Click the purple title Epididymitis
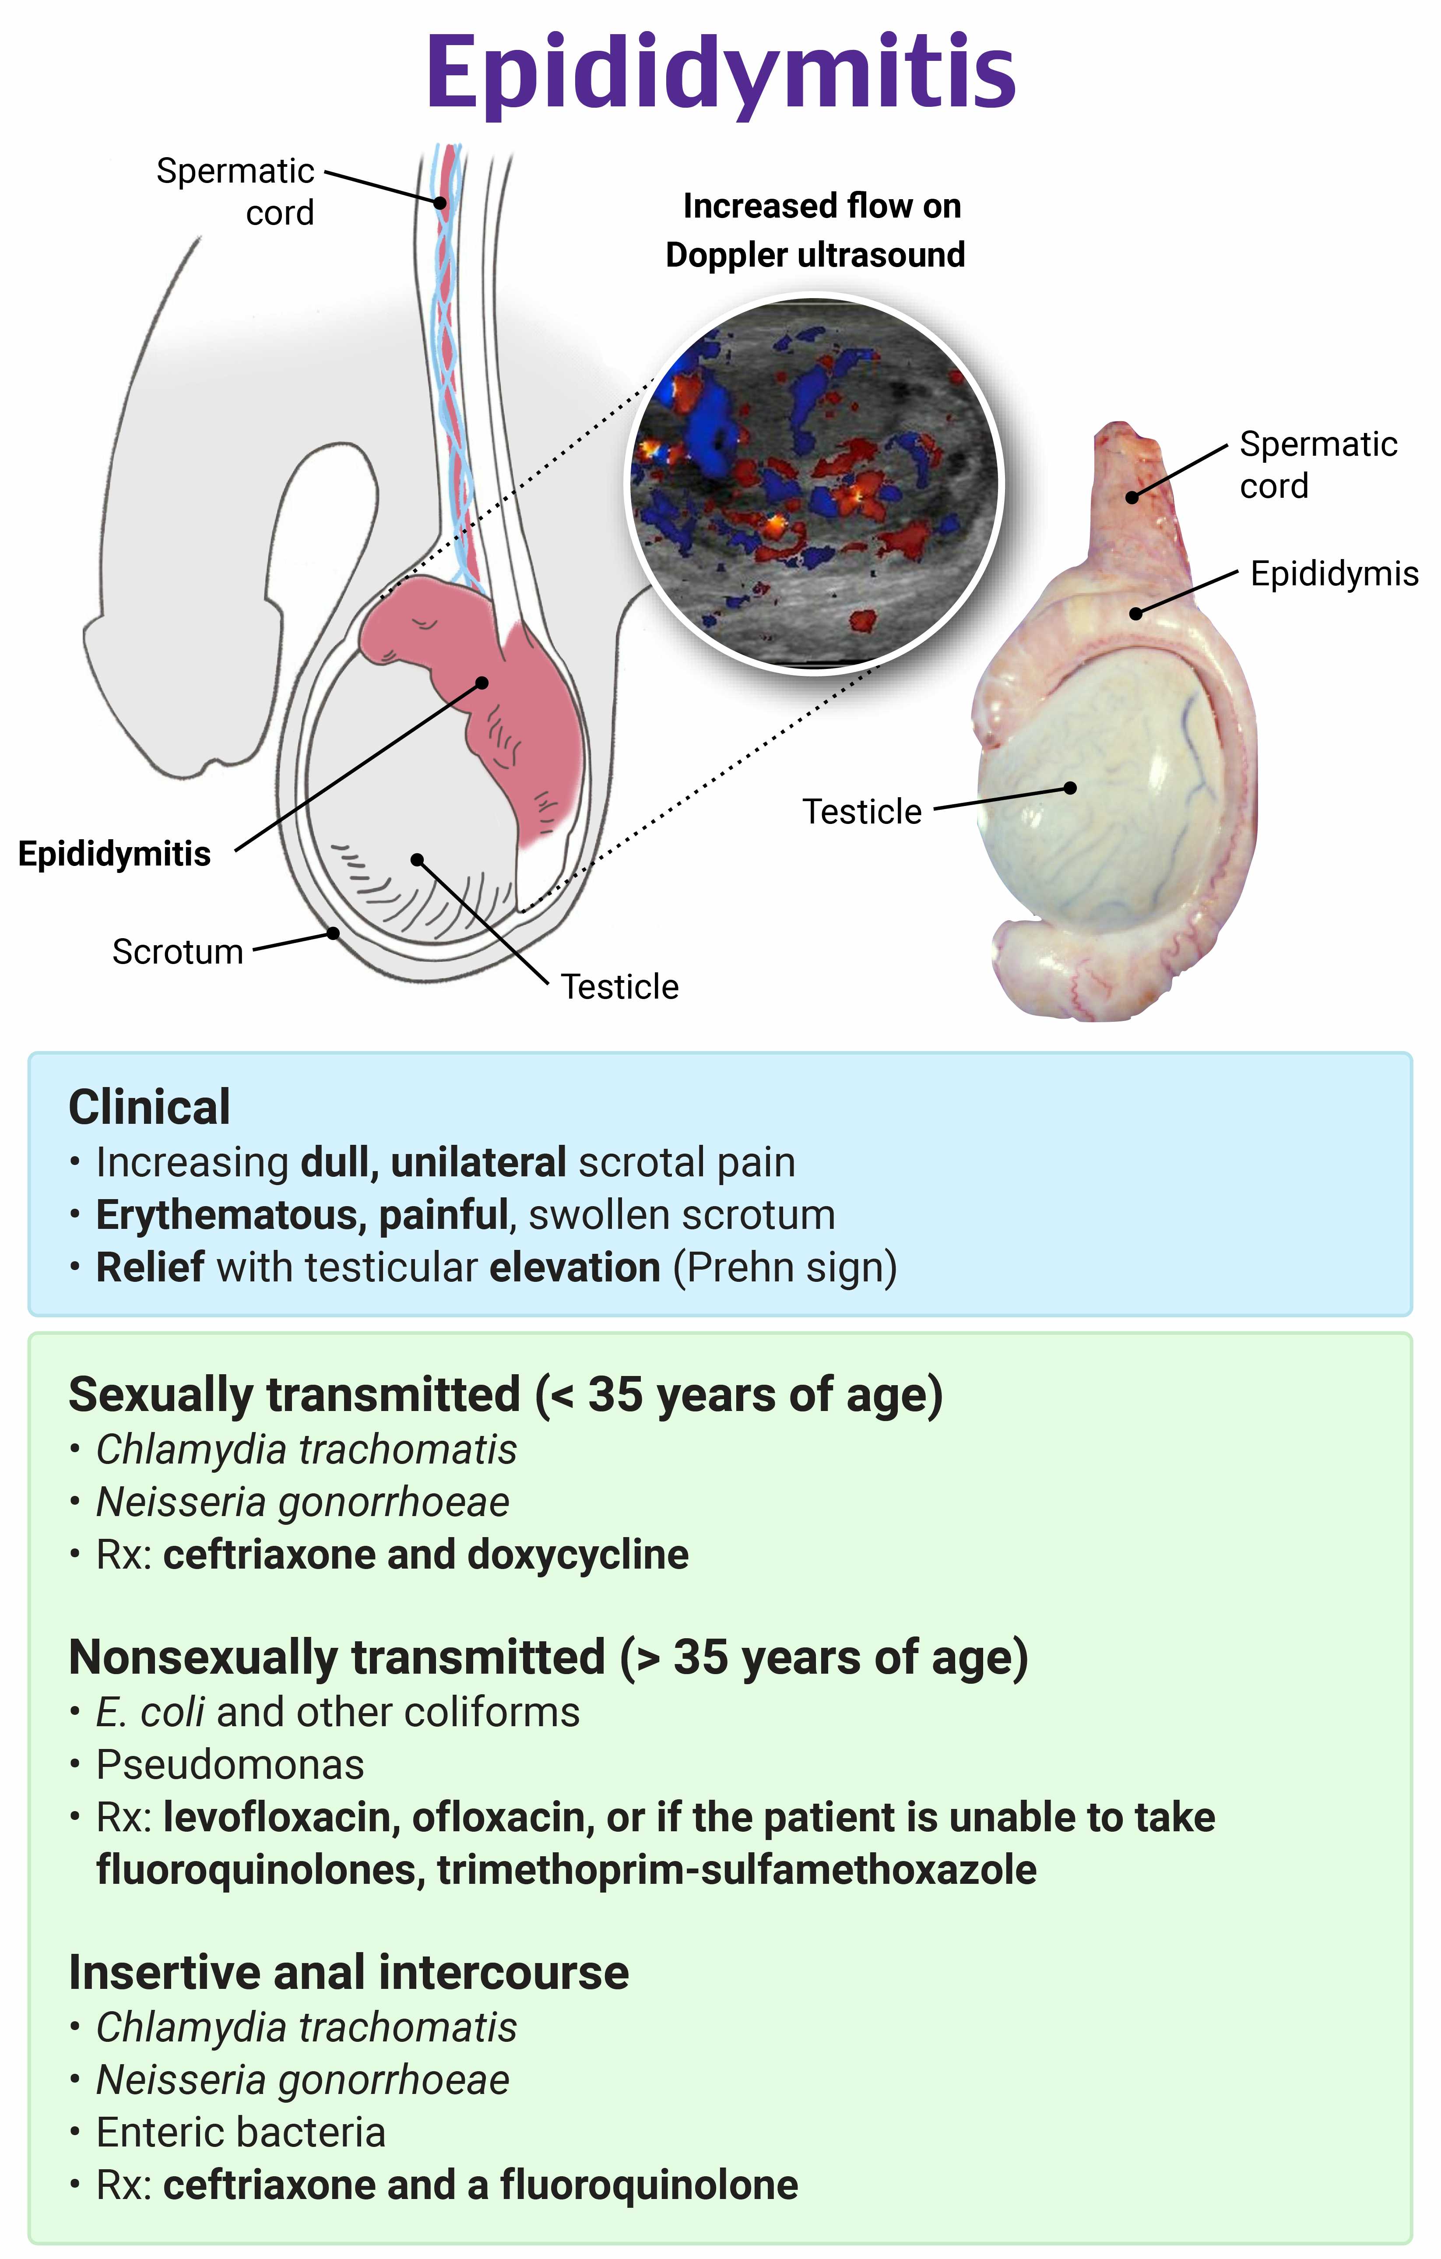coord(720,73)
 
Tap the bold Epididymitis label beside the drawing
coord(114,854)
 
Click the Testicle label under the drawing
coord(619,987)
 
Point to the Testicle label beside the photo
coord(861,812)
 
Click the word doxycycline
coord(578,1555)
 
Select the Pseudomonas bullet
coord(230,1765)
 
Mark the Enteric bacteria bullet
coord(241,2132)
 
